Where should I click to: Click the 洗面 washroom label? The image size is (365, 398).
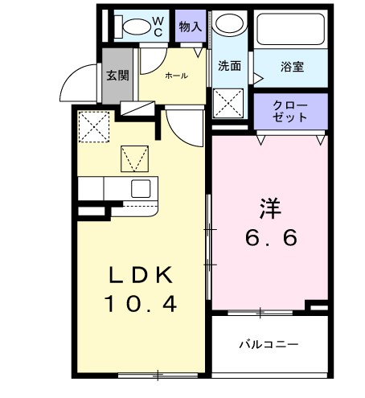229,66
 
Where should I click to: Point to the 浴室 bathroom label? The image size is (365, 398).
292,67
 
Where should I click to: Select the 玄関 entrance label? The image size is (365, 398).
117,76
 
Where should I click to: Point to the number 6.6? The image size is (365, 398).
271,238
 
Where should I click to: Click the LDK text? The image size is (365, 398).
141,276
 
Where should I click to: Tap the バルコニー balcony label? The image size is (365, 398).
269,344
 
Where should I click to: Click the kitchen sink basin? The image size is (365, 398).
141,189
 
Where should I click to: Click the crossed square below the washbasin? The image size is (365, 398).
230,104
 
